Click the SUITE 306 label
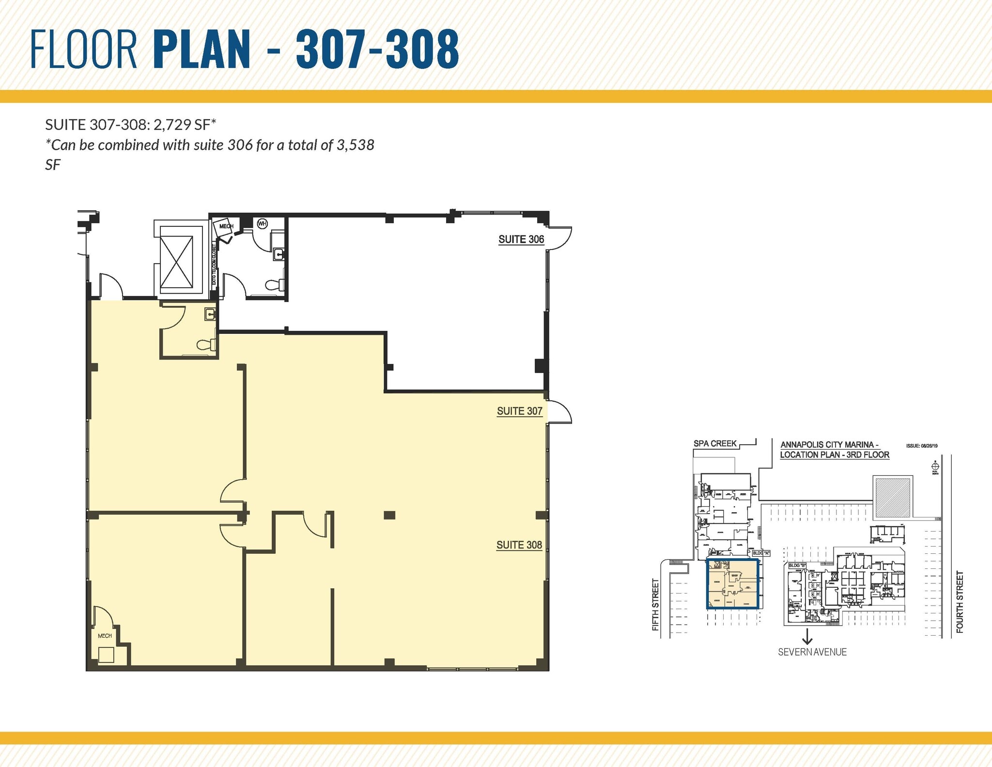(x=521, y=239)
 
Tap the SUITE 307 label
(x=519, y=411)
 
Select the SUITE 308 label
(x=519, y=545)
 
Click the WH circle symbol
(x=262, y=224)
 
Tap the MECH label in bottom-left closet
(x=105, y=636)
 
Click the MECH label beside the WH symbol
(x=226, y=226)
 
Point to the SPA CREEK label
(x=715, y=443)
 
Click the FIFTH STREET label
(x=656, y=605)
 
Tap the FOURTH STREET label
(x=960, y=602)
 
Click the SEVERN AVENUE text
(x=812, y=652)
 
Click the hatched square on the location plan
(x=893, y=497)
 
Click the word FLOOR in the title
(x=84, y=49)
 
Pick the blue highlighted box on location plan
(x=732, y=584)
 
